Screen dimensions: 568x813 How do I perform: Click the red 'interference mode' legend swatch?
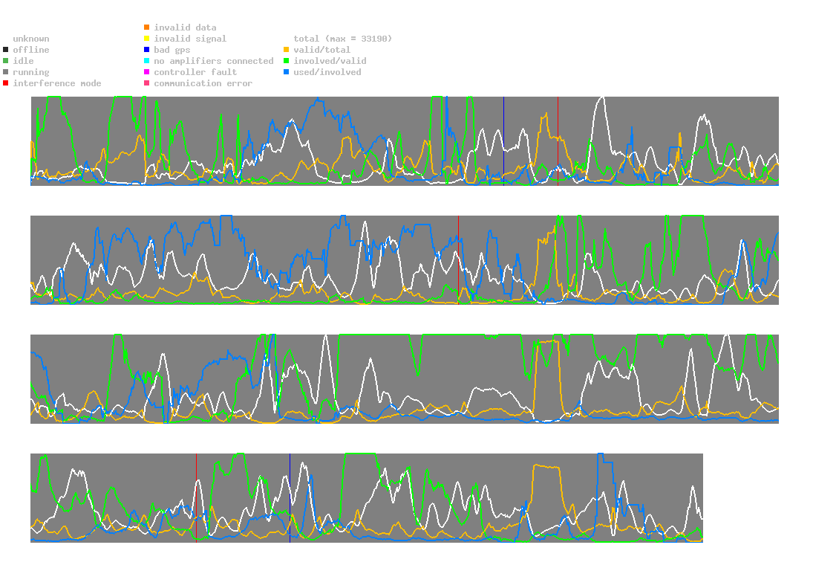[6, 83]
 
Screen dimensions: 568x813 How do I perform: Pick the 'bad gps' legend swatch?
[147, 50]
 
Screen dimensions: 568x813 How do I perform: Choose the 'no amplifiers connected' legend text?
[214, 61]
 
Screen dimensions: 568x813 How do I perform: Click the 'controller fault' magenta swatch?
[147, 72]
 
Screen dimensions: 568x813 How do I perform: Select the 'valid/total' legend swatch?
[287, 50]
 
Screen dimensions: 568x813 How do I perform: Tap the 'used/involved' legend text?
[327, 72]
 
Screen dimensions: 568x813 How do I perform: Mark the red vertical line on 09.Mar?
[196, 497]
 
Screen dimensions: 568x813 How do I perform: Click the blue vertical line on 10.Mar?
[290, 497]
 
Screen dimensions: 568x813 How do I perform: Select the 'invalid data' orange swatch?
[147, 28]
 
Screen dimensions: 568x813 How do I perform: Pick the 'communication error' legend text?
[203, 83]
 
